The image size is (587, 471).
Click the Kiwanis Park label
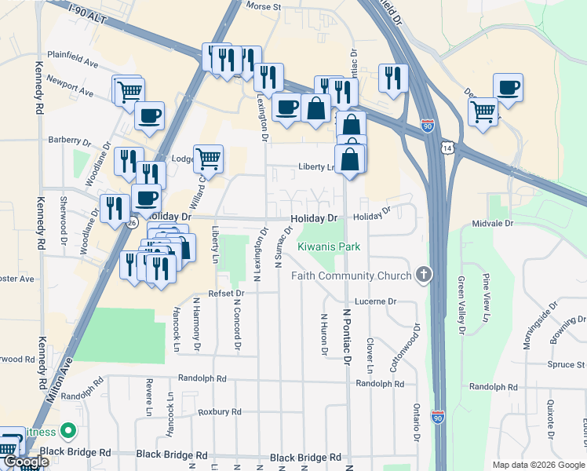329,246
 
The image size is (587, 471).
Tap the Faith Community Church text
351,276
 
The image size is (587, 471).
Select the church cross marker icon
425,274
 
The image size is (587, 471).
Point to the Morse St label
264,6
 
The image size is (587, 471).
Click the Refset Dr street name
227,293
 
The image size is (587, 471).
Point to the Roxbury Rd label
219,411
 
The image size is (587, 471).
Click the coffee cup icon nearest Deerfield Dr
508,88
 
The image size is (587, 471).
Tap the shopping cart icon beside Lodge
208,159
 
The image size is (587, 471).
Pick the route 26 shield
132,223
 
